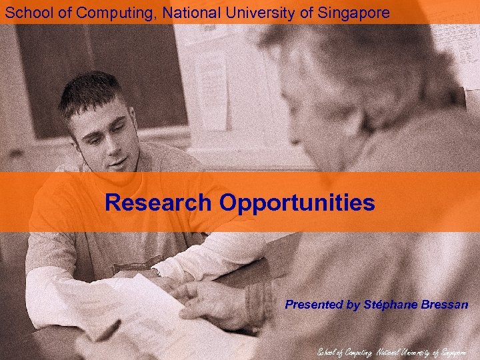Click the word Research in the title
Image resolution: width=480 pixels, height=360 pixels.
pos(157,202)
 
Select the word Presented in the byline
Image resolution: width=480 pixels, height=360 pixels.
pos(313,305)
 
